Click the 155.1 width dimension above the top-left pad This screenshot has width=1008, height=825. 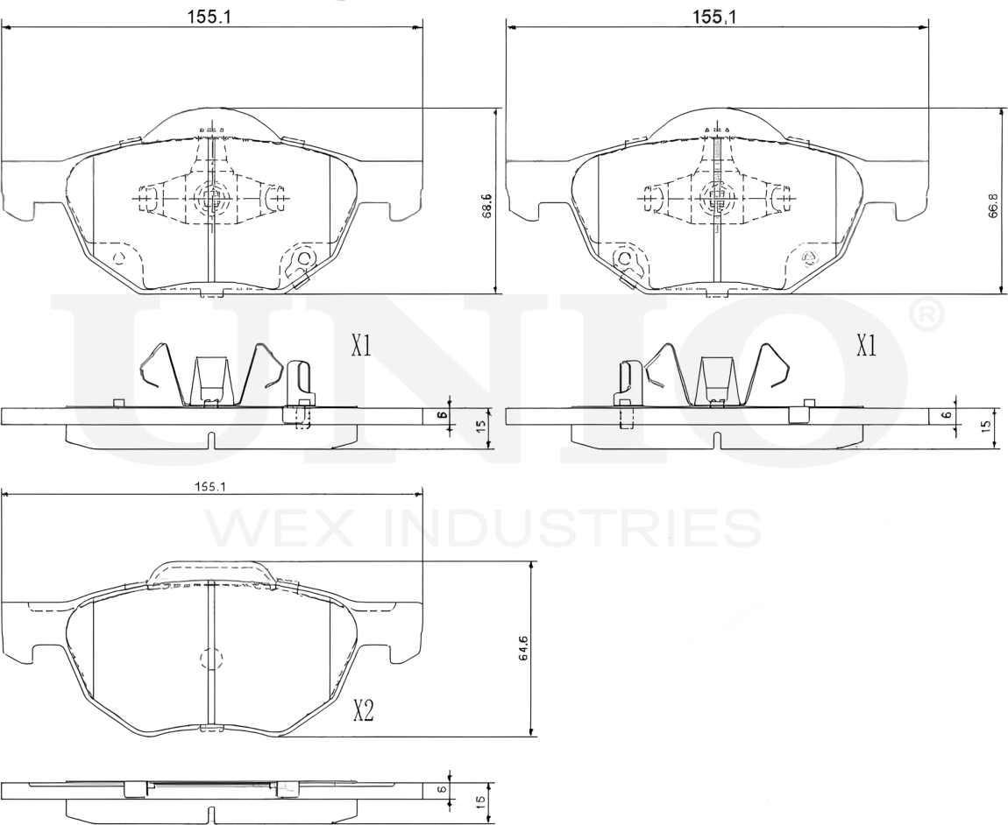[x=209, y=16]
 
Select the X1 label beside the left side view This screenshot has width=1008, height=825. [x=360, y=347]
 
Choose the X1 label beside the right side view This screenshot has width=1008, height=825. [x=866, y=347]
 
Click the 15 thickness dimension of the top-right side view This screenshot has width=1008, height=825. [x=985, y=427]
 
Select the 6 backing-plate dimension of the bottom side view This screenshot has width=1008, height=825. [x=444, y=789]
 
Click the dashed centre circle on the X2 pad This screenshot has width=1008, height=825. [x=211, y=659]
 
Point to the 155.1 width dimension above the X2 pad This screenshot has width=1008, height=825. [x=207, y=487]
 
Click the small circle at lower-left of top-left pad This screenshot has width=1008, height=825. [x=120, y=257]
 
